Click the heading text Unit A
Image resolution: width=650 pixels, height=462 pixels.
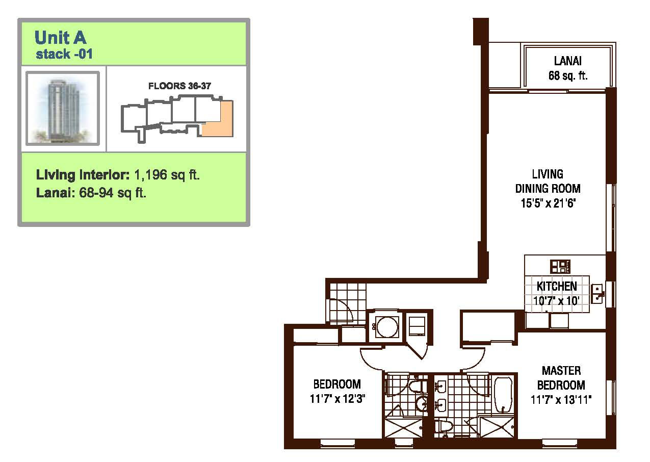point(60,37)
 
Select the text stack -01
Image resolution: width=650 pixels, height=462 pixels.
point(64,54)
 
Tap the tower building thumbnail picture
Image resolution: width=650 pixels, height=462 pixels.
point(63,108)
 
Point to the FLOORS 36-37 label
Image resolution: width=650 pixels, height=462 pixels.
point(179,86)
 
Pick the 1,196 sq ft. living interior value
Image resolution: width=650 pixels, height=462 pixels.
point(167,175)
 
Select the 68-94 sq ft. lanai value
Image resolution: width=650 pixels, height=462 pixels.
point(113,193)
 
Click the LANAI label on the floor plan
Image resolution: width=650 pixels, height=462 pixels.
point(567,61)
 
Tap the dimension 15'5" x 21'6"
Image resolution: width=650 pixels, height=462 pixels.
point(548,203)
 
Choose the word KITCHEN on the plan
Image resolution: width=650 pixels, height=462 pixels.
point(557,287)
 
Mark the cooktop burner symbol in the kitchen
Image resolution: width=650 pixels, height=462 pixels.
point(560,266)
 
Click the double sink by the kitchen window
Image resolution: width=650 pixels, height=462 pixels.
point(597,294)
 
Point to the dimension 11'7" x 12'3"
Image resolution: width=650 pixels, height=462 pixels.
point(337,399)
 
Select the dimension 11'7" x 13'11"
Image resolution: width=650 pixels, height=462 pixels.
point(561,400)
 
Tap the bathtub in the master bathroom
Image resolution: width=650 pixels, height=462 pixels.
point(503,394)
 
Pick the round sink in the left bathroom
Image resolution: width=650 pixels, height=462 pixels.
point(421,404)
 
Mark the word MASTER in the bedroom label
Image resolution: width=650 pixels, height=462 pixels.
point(561,371)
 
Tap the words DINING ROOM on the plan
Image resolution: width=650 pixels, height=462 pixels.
point(548,189)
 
